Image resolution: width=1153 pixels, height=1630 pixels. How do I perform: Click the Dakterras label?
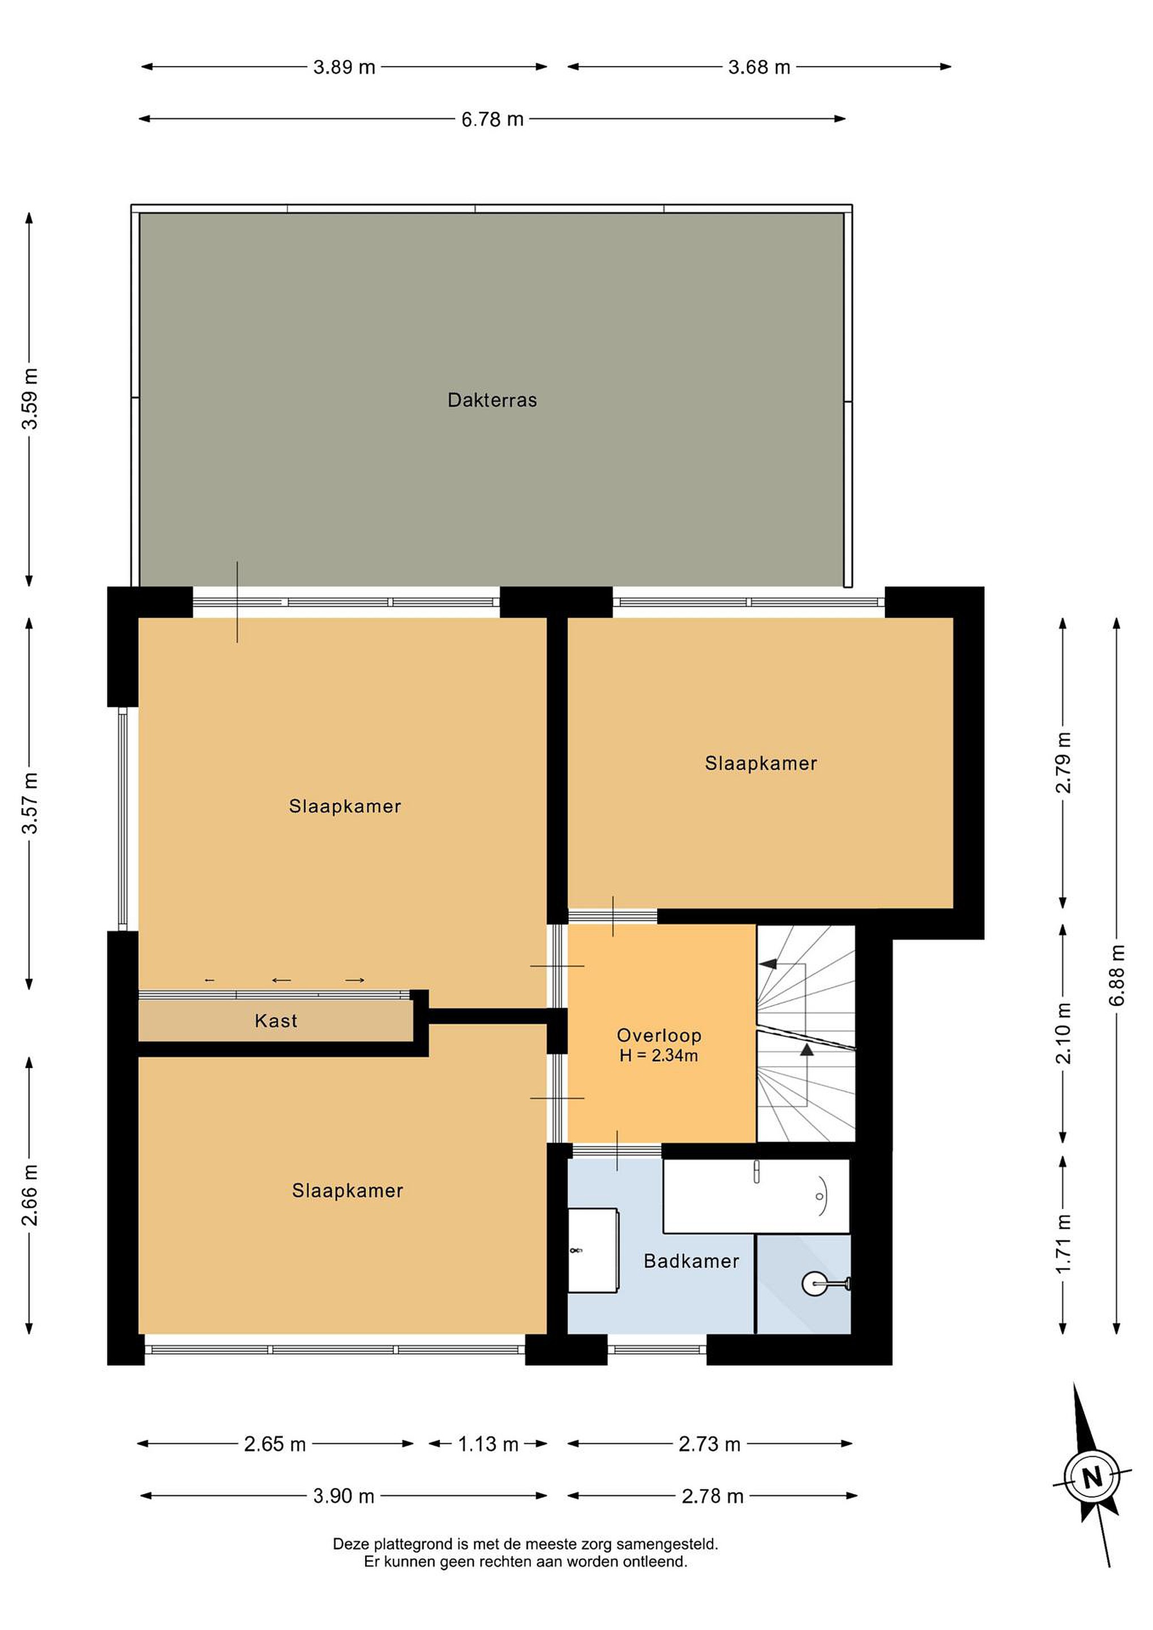[492, 400]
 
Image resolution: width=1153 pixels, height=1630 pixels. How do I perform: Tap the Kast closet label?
[276, 1021]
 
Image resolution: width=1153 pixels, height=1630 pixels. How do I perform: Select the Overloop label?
[659, 1036]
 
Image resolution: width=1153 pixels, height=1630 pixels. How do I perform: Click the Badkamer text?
[692, 1261]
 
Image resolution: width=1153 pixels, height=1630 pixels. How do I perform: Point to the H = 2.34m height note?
[659, 1056]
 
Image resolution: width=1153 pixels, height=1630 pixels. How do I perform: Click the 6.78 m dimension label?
[492, 119]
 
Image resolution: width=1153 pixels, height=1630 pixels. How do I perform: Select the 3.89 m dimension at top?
[344, 67]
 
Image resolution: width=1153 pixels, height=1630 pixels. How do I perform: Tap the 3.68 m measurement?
[759, 67]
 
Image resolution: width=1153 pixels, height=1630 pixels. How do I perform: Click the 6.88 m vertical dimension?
[1117, 975]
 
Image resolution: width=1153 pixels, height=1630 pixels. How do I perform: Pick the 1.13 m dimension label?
[488, 1444]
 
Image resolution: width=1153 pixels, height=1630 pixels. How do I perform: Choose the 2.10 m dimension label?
[1063, 1033]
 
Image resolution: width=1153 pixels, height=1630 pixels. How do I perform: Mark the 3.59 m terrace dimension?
[30, 399]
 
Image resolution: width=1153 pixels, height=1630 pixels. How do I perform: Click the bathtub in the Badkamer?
[756, 1196]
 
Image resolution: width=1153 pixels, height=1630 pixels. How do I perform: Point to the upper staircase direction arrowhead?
[768, 964]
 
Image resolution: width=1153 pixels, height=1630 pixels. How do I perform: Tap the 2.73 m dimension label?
[709, 1444]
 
